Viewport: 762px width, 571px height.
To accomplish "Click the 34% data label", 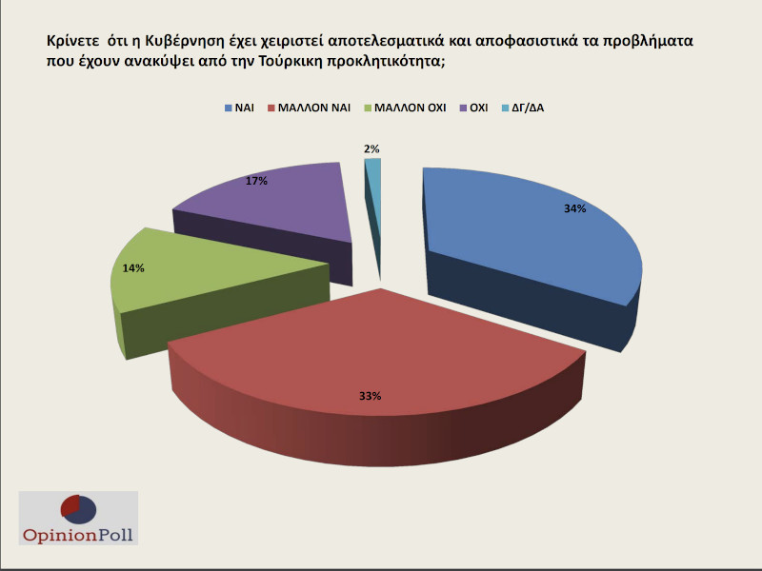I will [x=574, y=208].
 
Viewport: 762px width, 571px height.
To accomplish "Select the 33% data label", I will [x=370, y=395].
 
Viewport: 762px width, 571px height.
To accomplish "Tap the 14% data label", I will [x=133, y=268].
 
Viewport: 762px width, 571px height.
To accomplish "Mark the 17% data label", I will [x=255, y=180].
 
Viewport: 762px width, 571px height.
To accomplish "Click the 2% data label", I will [x=371, y=148].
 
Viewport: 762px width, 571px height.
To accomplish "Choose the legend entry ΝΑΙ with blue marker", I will [x=245, y=108].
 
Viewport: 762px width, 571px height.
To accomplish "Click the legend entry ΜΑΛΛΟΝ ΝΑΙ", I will [x=313, y=108].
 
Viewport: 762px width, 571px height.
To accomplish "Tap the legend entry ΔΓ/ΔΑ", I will [x=527, y=108].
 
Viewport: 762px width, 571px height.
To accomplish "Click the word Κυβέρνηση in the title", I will [x=180, y=43].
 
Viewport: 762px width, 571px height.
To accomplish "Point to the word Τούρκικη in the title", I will [x=352, y=63].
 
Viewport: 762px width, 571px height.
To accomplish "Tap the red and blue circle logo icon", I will [x=77, y=509].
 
